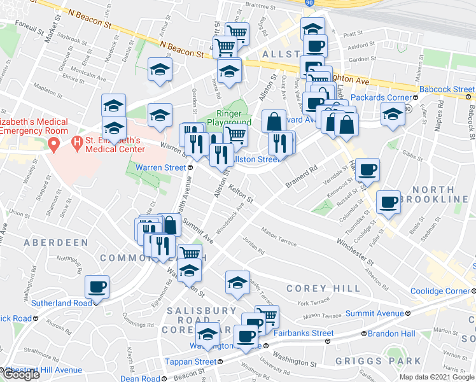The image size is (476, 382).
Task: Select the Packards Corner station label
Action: pyautogui.click(x=386, y=99)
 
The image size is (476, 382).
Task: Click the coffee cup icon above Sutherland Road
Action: pyautogui.click(x=97, y=287)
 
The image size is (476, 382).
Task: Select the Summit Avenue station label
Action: pyautogui.click(x=374, y=313)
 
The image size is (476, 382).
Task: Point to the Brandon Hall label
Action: pyautogui.click(x=393, y=333)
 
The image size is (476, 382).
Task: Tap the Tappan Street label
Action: pyautogui.click(x=190, y=362)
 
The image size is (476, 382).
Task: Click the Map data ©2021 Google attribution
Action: pyautogui.click(x=437, y=377)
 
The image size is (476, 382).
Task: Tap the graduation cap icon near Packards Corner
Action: pyautogui.click(x=393, y=115)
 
